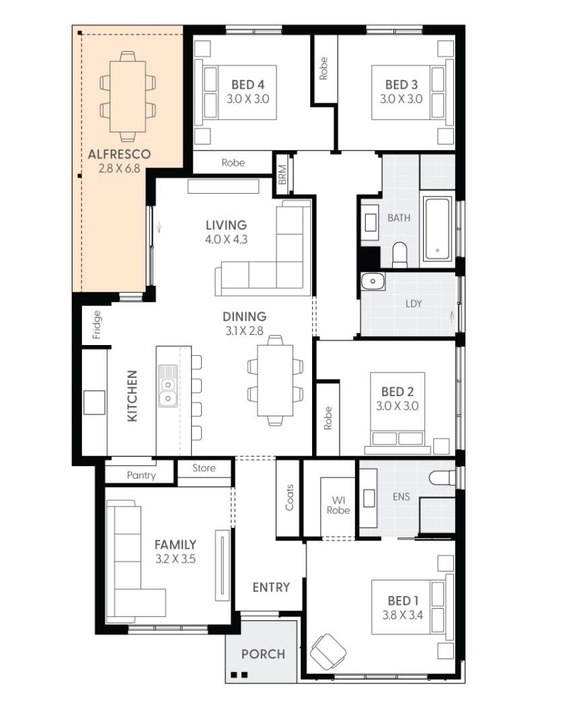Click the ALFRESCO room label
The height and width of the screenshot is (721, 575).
coord(119,154)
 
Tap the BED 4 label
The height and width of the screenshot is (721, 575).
coord(247,85)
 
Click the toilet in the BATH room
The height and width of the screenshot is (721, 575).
coord(400,254)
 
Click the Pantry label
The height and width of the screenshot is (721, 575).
coord(141,475)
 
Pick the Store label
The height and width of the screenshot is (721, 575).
coord(204,467)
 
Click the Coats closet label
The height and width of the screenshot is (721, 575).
coord(290,497)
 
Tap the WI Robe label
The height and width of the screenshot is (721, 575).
coord(338,505)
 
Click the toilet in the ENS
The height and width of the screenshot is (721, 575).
coord(442,478)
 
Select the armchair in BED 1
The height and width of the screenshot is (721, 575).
coord(328,651)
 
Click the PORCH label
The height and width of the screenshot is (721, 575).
coord(263,654)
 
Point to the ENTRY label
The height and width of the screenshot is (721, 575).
coord(271,587)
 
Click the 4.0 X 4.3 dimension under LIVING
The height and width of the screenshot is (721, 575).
coord(226,239)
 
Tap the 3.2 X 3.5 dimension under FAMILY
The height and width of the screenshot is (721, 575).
coord(175,558)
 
